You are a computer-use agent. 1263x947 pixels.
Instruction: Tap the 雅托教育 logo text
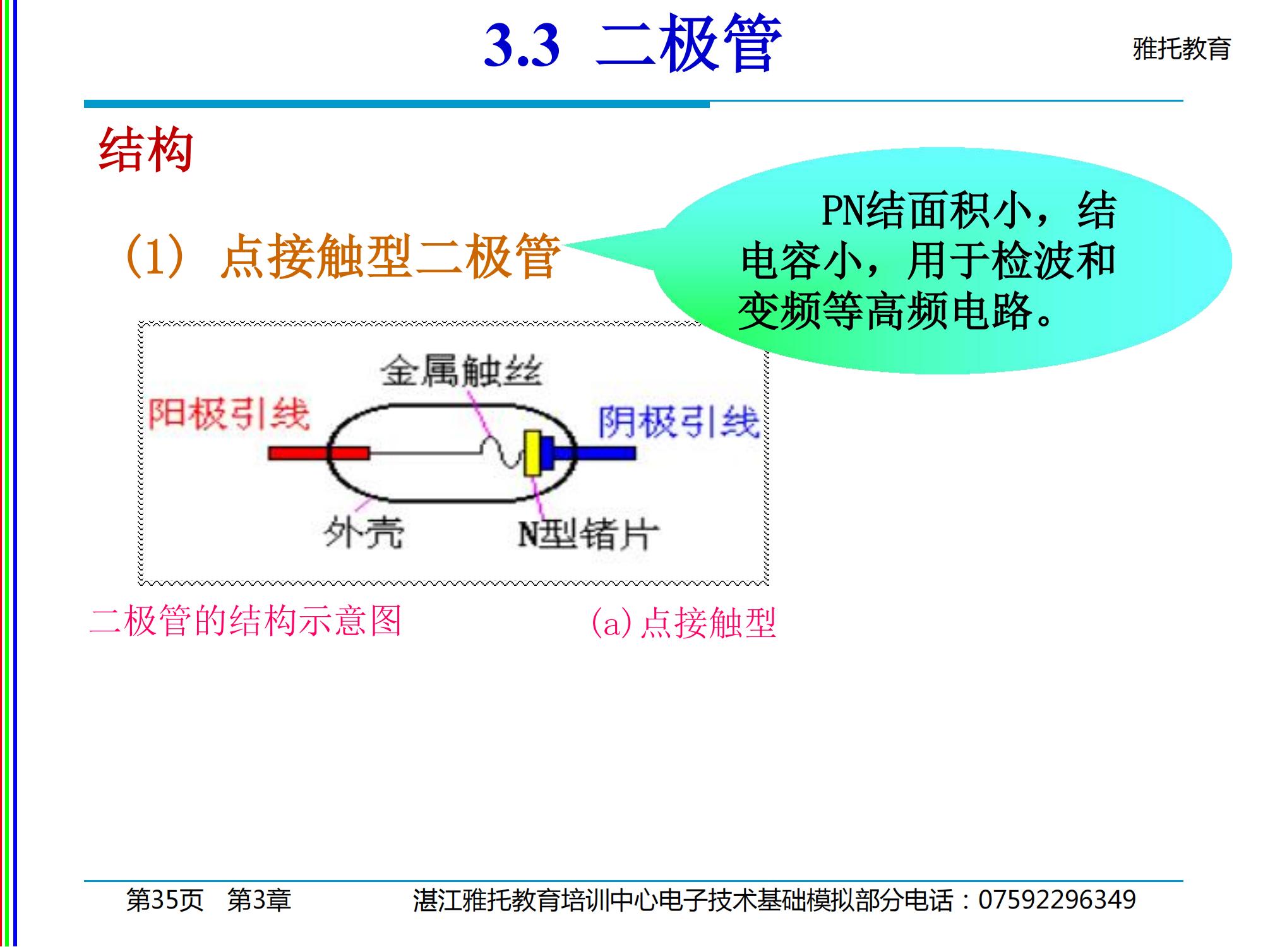click(x=1182, y=49)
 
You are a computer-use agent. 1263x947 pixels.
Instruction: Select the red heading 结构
click(x=146, y=150)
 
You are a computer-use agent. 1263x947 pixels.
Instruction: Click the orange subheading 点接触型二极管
click(x=390, y=256)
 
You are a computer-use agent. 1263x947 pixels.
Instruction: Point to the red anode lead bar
click(x=319, y=453)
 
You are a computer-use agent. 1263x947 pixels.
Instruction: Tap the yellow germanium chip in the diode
click(x=532, y=453)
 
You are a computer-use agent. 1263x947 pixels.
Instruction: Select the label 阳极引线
click(x=229, y=414)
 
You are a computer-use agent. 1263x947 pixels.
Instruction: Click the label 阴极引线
click(x=679, y=422)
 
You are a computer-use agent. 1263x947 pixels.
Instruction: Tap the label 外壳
click(x=364, y=532)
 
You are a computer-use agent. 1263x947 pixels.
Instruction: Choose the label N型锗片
click(x=588, y=534)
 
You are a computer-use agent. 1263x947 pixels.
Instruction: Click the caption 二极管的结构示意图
click(x=246, y=621)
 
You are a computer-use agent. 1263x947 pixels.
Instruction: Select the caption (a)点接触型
click(x=683, y=623)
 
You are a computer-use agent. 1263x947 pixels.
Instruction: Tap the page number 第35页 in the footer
click(x=165, y=900)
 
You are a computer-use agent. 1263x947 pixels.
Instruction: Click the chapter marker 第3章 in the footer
click(x=259, y=900)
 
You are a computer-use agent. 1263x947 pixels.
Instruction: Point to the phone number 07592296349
click(x=1057, y=900)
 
